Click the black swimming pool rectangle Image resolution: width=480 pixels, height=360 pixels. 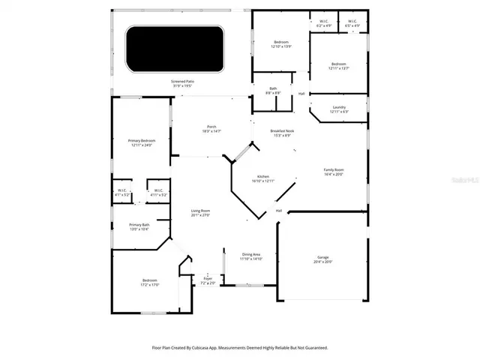(x=174, y=49)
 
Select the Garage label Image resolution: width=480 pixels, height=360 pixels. (x=323, y=259)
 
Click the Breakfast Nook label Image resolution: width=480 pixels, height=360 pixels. (x=283, y=133)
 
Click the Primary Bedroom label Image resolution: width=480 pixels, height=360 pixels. (x=142, y=142)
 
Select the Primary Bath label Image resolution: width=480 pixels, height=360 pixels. (x=139, y=227)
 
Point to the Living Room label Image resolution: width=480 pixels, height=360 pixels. (x=199, y=214)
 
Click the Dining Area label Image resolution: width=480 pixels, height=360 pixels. (x=251, y=256)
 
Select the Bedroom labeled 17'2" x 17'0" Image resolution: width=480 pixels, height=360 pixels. (x=149, y=283)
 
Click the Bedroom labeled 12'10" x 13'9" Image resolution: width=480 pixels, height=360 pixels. (x=281, y=43)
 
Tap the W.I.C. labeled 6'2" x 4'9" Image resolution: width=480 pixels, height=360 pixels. (x=323, y=23)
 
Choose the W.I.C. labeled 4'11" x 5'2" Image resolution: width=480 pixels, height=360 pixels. (x=159, y=193)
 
